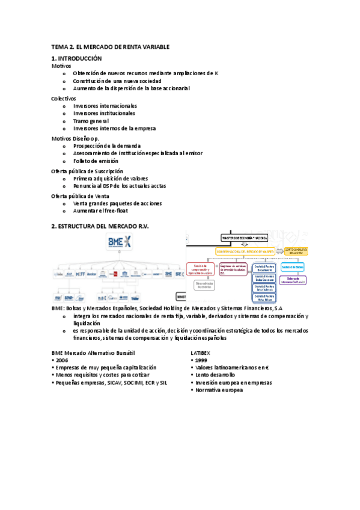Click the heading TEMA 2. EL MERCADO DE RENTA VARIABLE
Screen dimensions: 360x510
tap(111, 46)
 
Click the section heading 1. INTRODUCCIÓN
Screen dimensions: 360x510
tap(77, 58)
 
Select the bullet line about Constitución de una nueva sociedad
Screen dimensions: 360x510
tap(118, 81)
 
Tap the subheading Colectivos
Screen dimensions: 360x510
tap(64, 98)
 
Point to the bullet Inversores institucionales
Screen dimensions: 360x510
tap(105, 113)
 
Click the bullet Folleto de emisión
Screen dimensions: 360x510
tap(96, 161)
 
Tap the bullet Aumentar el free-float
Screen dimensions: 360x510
tap(100, 210)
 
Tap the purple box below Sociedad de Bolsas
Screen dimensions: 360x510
tap(293, 279)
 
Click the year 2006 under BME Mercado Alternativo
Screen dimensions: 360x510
tap(63, 360)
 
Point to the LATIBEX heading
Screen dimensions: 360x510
tap(201, 352)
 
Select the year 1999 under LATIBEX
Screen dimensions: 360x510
tap(201, 360)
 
